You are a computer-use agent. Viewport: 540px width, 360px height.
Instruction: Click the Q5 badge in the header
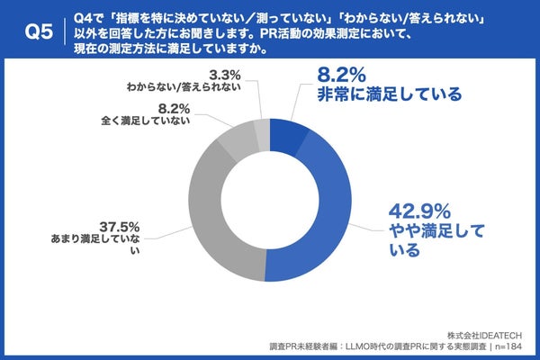click(35, 32)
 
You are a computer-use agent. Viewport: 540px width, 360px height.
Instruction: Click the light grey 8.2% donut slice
click(239, 142)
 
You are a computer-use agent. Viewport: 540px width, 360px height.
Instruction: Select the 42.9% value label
click(419, 213)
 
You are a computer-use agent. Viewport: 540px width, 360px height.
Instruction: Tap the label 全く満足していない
click(148, 121)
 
